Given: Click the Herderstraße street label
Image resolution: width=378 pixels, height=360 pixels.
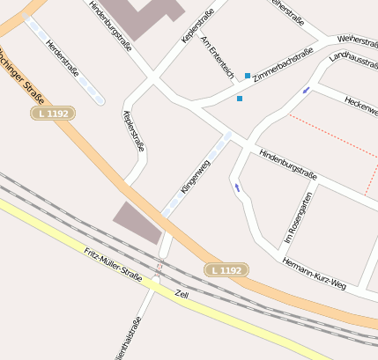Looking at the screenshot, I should [x=63, y=57].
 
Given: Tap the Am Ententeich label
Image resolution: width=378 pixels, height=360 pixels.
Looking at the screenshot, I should [x=218, y=55].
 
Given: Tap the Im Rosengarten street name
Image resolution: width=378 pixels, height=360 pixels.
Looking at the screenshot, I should [x=298, y=219].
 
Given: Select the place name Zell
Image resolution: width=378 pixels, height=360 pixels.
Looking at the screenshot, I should [x=182, y=293].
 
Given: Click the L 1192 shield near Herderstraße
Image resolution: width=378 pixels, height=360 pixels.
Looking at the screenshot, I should [x=53, y=114].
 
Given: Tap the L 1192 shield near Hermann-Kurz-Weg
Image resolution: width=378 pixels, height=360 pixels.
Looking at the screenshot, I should [x=226, y=269].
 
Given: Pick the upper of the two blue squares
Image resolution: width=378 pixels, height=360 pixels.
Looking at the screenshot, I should [x=248, y=76].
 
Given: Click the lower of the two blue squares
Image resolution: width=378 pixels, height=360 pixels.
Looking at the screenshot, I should [x=239, y=99].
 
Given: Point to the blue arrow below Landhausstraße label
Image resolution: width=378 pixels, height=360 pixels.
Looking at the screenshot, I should [x=307, y=90].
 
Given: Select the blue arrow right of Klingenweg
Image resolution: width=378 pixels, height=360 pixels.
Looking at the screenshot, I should [x=237, y=187].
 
